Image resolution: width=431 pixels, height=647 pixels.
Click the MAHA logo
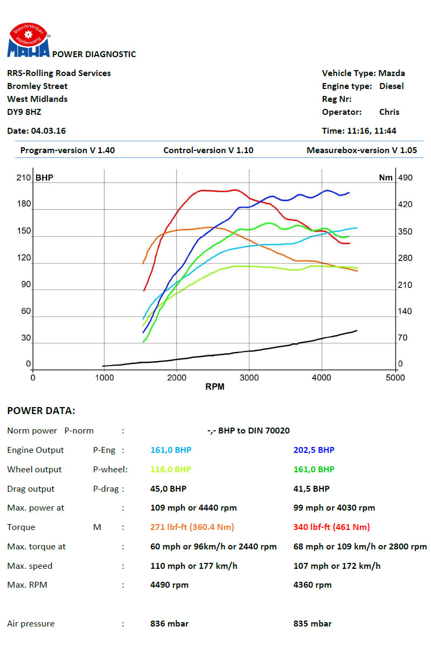click(x=29, y=42)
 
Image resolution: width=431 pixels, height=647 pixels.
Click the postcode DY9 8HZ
click(x=24, y=112)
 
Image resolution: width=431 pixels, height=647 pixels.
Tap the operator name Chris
click(x=389, y=112)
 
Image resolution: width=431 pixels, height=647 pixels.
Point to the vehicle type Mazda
click(x=392, y=73)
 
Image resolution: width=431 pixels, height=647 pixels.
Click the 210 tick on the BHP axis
click(x=24, y=178)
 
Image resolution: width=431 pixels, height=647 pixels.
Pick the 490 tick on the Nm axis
click(x=405, y=178)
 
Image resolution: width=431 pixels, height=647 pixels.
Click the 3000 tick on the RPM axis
click(x=249, y=378)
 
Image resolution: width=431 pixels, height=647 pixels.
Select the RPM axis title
click(x=214, y=387)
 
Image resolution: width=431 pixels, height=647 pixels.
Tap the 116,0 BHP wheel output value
click(x=171, y=470)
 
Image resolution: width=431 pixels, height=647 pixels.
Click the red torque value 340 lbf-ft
click(x=331, y=527)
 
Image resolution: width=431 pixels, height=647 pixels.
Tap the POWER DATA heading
click(x=41, y=411)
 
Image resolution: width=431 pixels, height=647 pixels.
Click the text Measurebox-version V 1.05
click(x=362, y=150)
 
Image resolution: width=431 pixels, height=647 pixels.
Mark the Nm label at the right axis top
click(x=386, y=178)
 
